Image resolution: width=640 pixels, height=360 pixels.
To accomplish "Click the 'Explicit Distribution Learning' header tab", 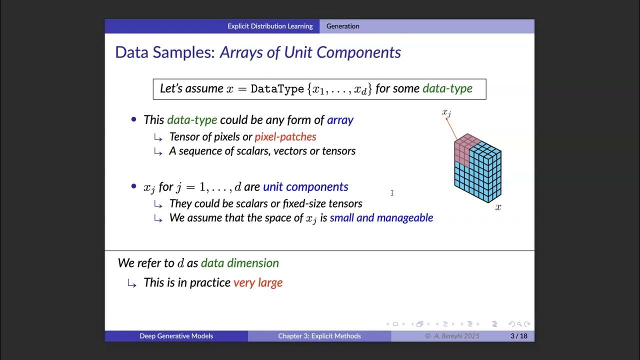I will [x=270, y=26].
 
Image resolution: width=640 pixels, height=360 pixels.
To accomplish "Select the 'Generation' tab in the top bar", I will [x=342, y=26].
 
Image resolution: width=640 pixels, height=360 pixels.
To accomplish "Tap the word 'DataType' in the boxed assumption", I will [x=277, y=89].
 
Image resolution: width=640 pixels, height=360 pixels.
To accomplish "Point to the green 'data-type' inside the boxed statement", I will [x=447, y=89].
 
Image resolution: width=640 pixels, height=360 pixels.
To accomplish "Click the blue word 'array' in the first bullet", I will [x=340, y=120].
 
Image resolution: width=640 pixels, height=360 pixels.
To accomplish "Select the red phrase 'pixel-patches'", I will [x=285, y=136].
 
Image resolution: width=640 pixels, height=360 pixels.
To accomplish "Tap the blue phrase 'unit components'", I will [x=305, y=187].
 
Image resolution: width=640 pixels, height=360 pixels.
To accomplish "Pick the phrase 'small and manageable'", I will [x=381, y=218].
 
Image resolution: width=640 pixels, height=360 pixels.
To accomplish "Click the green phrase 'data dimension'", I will [x=240, y=263].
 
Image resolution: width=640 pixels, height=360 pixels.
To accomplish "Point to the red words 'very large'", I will [x=258, y=282].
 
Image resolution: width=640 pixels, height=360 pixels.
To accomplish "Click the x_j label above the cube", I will [x=446, y=112].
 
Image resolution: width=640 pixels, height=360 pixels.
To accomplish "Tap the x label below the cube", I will [x=498, y=207].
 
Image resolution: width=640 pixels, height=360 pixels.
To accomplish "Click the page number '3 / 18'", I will [x=518, y=336].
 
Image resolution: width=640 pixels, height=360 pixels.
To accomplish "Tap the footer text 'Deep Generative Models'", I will [x=176, y=336].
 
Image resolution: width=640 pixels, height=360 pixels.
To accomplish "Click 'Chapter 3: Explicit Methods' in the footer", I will [x=319, y=336].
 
